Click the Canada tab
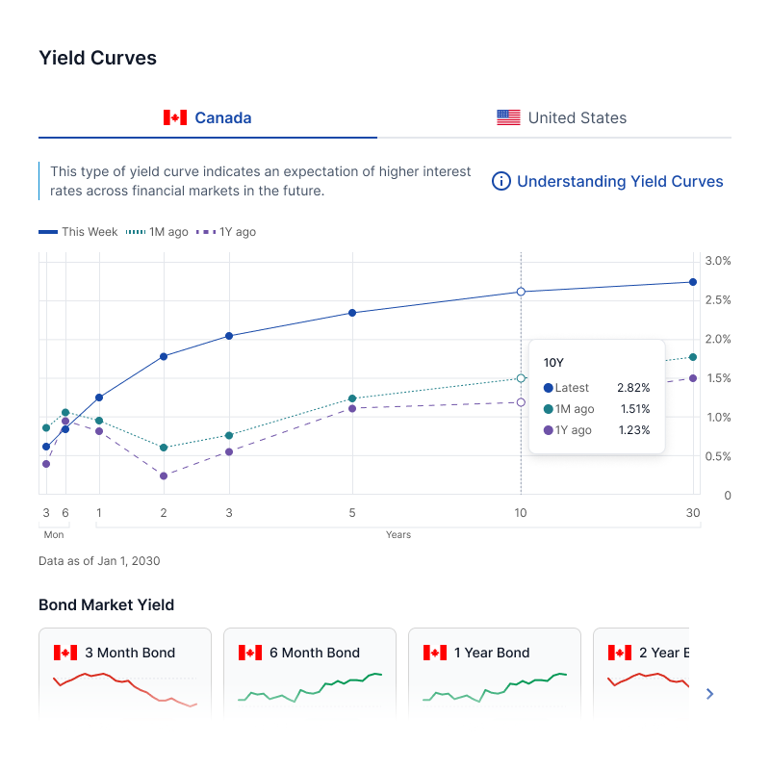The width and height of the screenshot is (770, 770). tap(208, 118)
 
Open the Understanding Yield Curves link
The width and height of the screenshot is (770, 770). tap(607, 181)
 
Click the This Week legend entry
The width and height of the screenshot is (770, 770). tap(79, 232)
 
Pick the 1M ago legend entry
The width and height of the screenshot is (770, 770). tap(158, 232)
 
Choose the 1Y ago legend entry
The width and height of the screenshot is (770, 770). tap(226, 232)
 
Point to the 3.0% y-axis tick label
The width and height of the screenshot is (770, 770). tap(718, 261)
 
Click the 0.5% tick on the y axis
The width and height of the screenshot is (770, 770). tap(718, 456)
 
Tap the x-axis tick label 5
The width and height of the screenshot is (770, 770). tap(352, 513)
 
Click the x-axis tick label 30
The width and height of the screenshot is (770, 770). tap(693, 513)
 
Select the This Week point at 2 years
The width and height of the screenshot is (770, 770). tap(164, 356)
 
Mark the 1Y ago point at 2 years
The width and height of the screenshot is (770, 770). tap(164, 475)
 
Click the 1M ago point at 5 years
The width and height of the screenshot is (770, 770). tap(352, 398)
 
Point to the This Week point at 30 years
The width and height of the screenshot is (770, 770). tap(693, 282)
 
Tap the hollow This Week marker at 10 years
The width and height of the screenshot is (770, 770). tap(521, 292)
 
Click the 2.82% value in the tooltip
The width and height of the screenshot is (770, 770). tap(633, 388)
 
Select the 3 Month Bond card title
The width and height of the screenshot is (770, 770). tap(130, 653)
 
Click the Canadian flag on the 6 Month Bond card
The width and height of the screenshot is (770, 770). tap(250, 653)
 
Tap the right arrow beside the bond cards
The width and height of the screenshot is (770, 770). tap(710, 693)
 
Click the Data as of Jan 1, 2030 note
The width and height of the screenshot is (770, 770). tap(99, 560)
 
